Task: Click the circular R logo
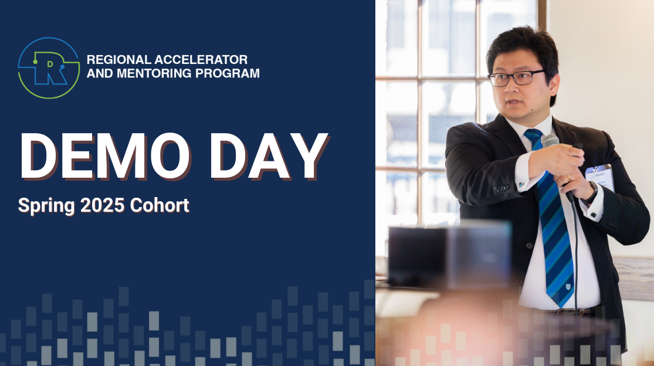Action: pos(49,68)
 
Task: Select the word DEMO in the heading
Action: pos(104,157)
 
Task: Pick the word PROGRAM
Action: pos(228,73)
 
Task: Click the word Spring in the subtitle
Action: pos(46,206)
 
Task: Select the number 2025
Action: pos(102,205)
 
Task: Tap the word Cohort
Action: pos(160,205)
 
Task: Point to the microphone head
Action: pos(551,141)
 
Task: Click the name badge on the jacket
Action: pos(600,177)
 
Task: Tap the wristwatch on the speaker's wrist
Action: pos(592,194)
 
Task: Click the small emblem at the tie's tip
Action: pos(568,287)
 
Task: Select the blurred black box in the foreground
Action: pos(450,255)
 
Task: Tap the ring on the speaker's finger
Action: pos(570,178)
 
